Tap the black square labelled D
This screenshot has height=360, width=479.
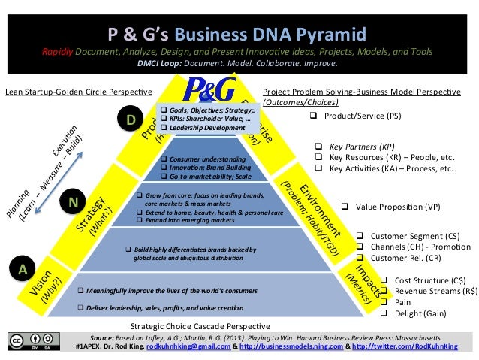(131, 119)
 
